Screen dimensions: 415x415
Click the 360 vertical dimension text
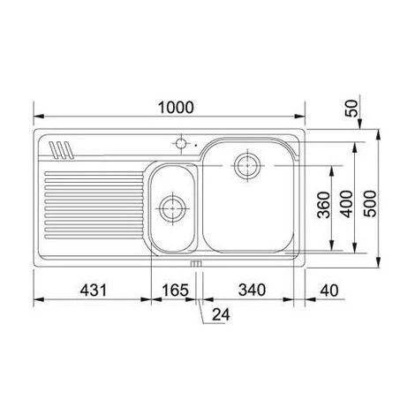323,206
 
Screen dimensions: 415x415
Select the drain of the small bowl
170,210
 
